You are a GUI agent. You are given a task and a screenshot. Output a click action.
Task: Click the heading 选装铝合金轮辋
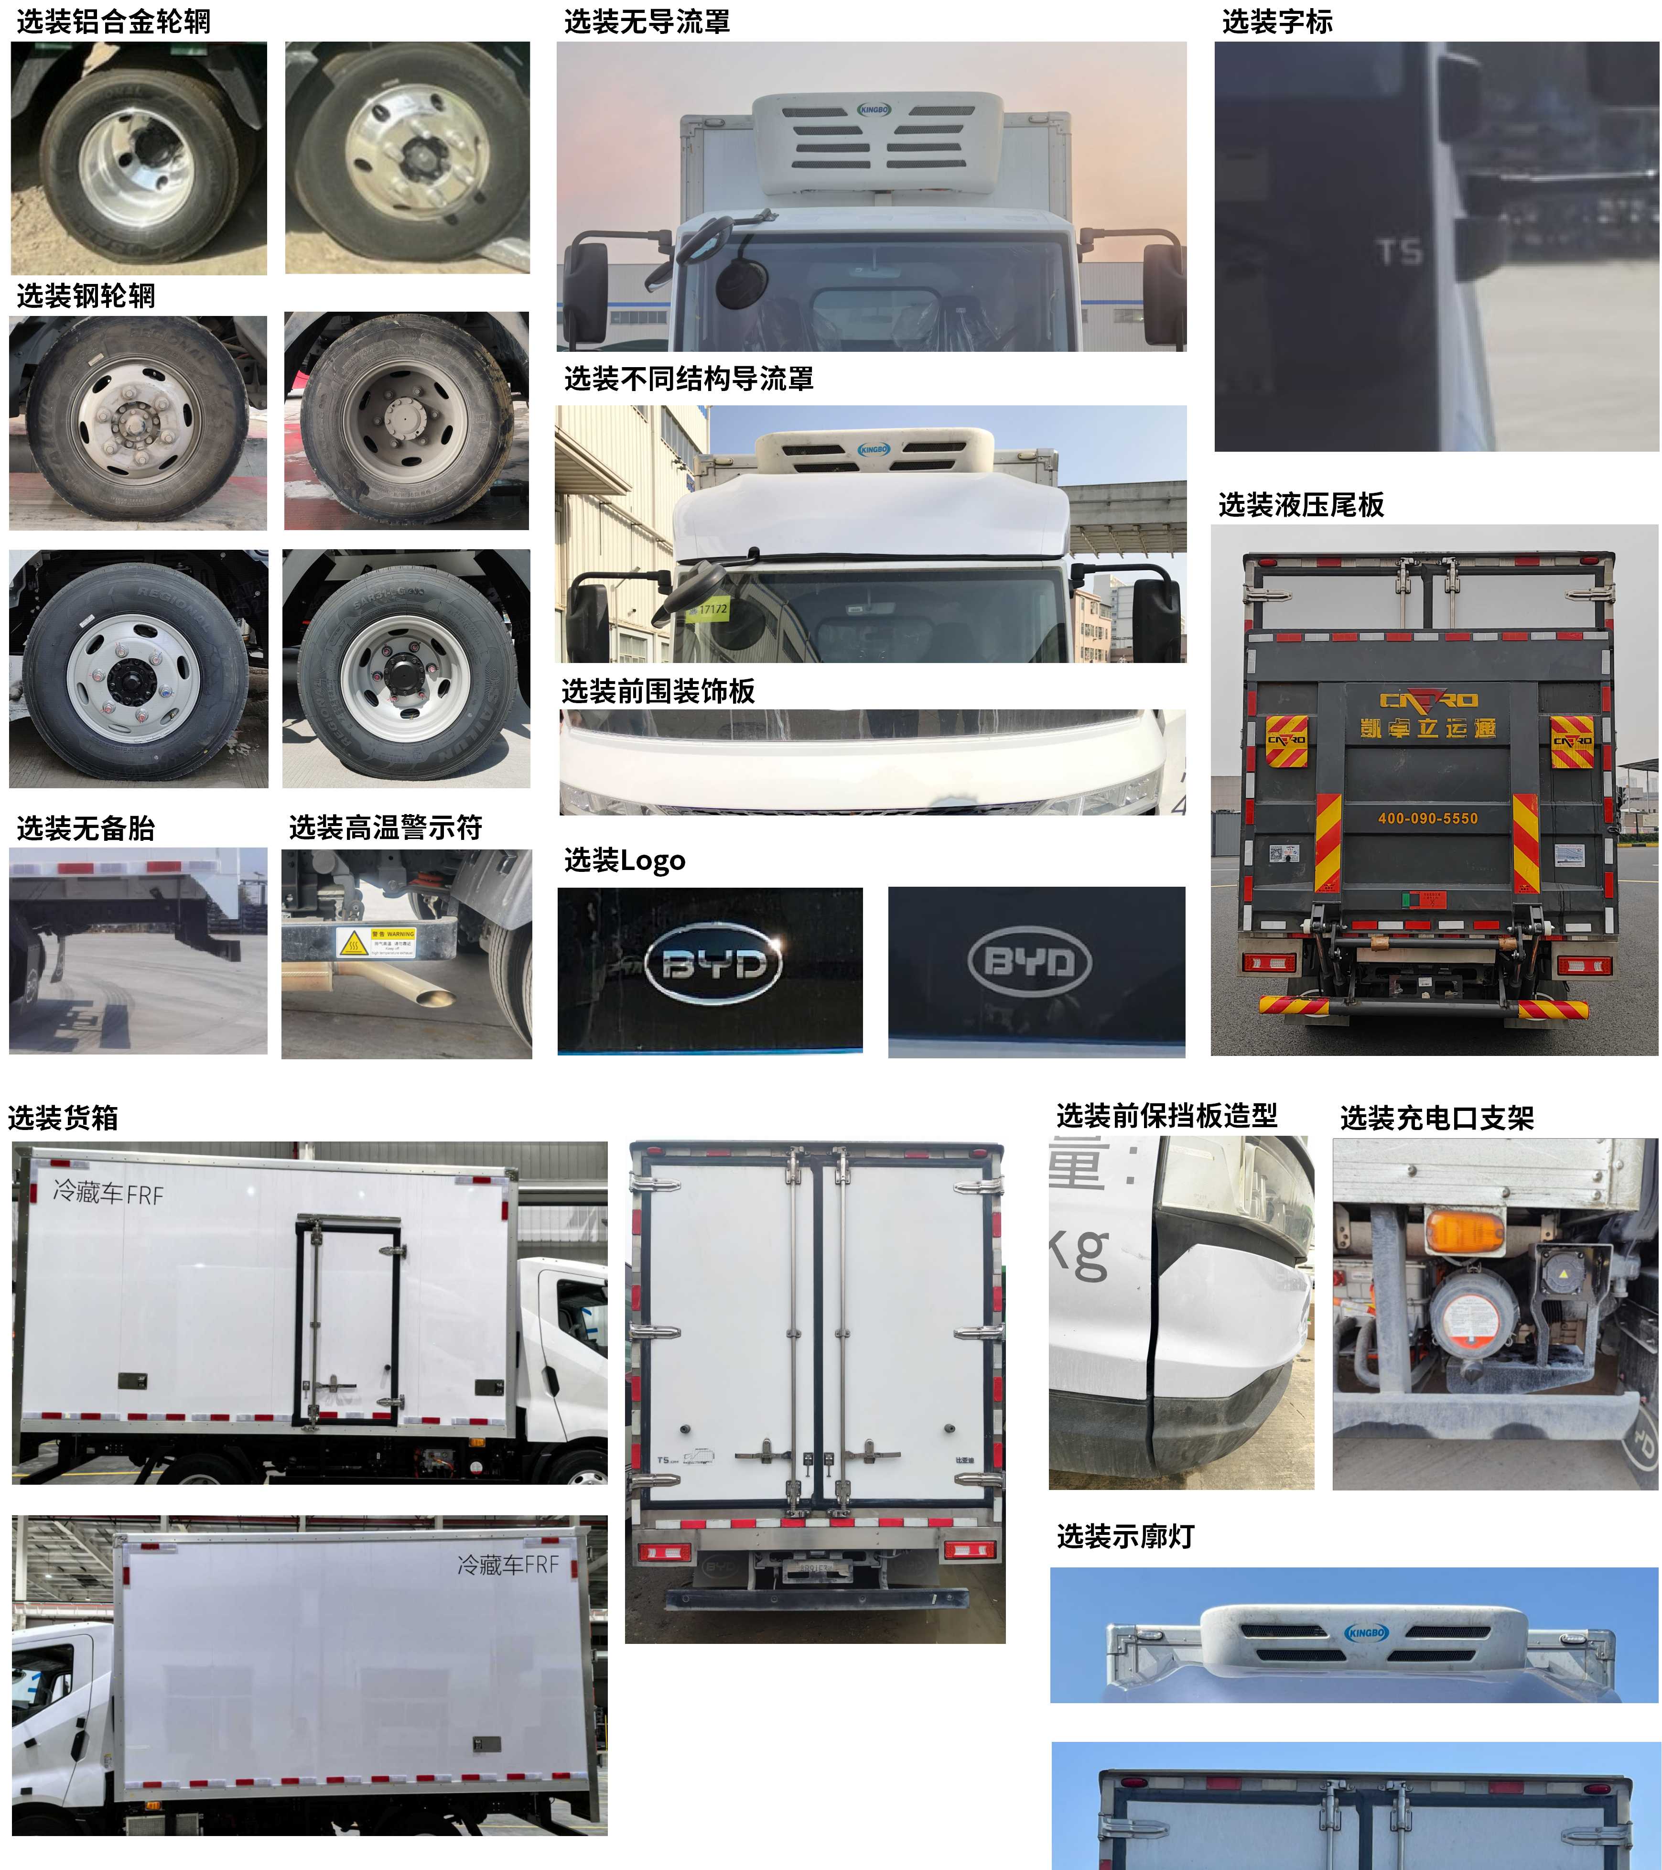[113, 21]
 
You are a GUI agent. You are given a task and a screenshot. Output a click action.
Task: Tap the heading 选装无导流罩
[647, 21]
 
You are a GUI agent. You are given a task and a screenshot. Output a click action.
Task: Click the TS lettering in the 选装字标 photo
[1400, 250]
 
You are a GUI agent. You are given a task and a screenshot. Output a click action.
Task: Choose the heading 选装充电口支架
[1436, 1117]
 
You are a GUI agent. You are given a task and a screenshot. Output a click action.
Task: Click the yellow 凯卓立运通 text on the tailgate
[1427, 728]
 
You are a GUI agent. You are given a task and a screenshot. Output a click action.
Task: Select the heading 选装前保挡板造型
[1166, 1115]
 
